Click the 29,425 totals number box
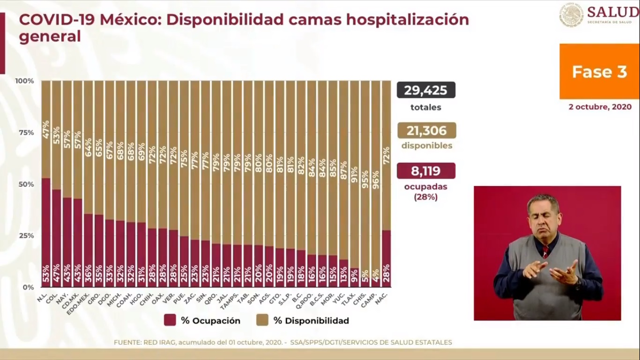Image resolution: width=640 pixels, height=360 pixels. [x=426, y=90]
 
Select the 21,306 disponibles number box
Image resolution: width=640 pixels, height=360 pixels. [x=426, y=130]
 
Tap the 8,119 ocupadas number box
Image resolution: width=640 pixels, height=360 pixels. [x=426, y=171]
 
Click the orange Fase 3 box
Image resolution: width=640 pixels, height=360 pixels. [x=599, y=71]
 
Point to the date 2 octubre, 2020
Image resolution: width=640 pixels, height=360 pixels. [x=600, y=107]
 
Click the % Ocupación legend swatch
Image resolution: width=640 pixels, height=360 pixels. [x=170, y=320]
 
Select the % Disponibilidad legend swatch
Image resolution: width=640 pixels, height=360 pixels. [x=262, y=320]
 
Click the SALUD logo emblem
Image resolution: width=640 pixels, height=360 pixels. [x=571, y=15]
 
